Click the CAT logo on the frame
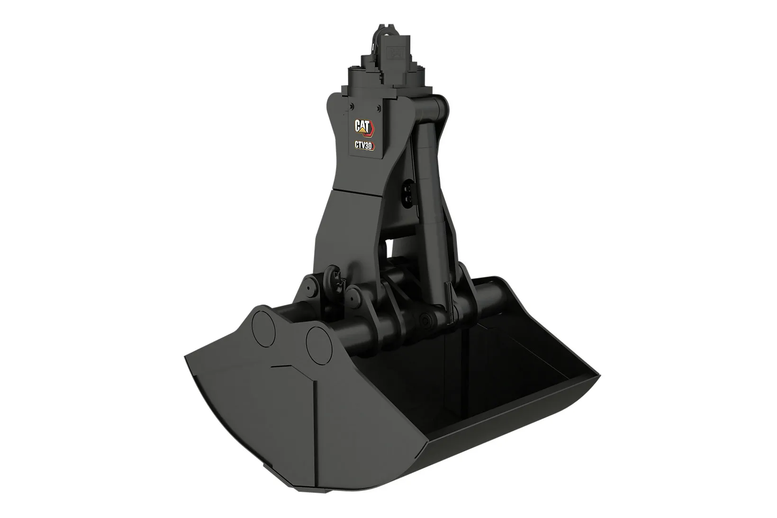364,127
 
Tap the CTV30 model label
364,145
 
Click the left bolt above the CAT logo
352,106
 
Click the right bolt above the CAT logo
379,108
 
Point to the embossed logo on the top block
397,52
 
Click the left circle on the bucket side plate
263,329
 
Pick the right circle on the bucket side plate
319,345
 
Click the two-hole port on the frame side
407,192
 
